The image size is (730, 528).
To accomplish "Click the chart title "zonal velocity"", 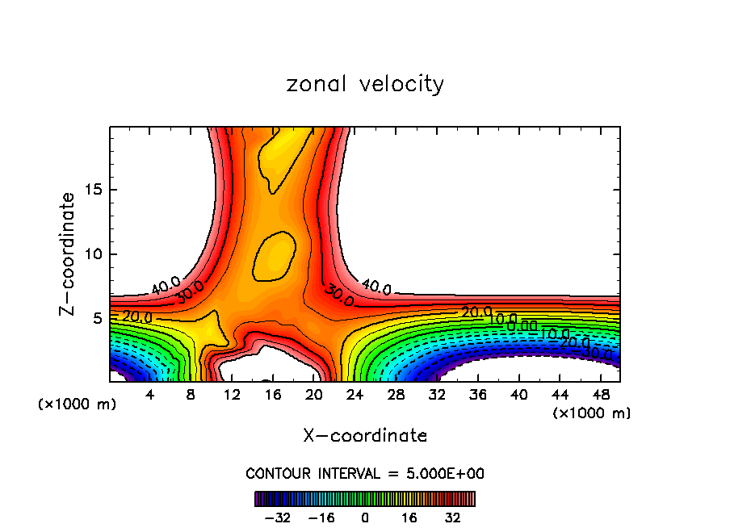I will click(365, 84).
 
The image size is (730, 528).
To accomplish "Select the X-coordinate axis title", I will click(365, 436).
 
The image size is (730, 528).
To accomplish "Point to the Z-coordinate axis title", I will click(69, 254).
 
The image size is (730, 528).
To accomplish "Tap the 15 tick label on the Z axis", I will click(94, 190).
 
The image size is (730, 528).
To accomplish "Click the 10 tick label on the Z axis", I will click(94, 254).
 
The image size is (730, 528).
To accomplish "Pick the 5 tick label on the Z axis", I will click(99, 318).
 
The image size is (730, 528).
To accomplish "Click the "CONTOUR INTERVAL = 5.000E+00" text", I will click(365, 474).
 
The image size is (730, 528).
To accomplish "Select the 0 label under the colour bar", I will click(365, 517).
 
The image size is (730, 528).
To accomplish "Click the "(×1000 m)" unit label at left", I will click(78, 404).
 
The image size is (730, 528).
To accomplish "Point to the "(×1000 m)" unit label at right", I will click(591, 413).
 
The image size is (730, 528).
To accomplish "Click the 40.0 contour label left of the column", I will click(165, 284).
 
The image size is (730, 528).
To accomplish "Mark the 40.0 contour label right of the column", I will click(376, 287).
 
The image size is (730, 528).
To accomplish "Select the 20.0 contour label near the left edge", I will click(137, 317).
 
